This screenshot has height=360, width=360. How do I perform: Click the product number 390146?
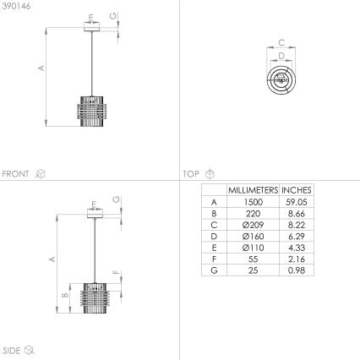[x=14, y=6]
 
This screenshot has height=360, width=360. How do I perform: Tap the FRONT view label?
[x=17, y=174]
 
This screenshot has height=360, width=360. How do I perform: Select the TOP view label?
[x=192, y=174]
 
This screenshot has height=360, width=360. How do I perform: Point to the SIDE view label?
[x=12, y=349]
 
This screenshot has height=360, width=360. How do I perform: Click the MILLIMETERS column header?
[x=253, y=190]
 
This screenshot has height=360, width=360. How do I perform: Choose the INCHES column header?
[x=297, y=190]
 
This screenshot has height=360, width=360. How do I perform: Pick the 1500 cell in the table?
[x=253, y=202]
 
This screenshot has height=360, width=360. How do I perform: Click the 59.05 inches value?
[x=297, y=202]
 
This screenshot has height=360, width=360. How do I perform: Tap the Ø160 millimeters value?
[x=253, y=236]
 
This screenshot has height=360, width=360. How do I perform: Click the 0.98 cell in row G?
[x=297, y=270]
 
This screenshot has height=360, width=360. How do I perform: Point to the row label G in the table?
[x=214, y=270]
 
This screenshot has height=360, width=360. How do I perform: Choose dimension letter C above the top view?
[x=281, y=41]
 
